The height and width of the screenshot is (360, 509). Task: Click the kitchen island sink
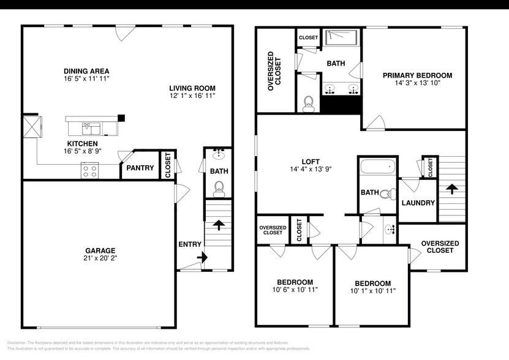point(90,128)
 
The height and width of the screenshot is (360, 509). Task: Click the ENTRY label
point(189,244)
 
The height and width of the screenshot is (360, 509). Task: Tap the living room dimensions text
point(192,96)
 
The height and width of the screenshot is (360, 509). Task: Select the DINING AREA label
point(86,71)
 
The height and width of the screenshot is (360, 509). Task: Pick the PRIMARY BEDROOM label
point(417,75)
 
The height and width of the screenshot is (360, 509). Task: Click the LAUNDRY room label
point(418,203)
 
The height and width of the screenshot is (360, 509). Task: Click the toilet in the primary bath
point(309,103)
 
